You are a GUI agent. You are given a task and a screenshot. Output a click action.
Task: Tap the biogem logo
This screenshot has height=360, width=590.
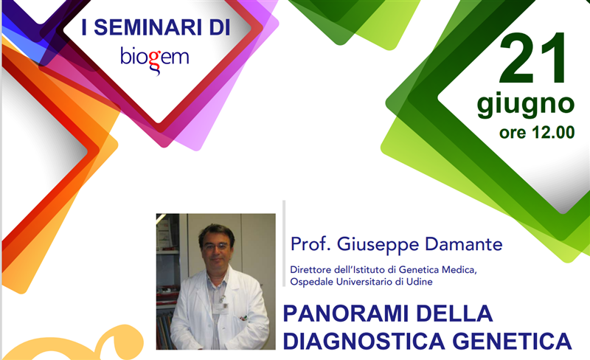coord(155,60)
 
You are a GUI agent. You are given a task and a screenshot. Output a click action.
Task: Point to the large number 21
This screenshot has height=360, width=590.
coord(532,58)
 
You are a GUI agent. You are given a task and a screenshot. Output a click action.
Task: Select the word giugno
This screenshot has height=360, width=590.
coord(525,105)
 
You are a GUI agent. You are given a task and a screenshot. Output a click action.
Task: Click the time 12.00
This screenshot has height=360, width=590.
coord(554,133)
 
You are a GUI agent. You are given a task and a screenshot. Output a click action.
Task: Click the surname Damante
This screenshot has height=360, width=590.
coord(464,244)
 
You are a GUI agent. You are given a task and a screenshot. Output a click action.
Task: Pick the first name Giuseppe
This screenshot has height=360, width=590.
coord(378,245)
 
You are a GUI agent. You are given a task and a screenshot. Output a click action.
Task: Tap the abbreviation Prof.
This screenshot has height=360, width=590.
coord(311,244)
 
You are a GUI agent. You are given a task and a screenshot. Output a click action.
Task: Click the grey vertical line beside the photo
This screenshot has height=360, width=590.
coord(284,243)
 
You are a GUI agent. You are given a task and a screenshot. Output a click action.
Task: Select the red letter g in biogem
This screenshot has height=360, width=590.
coord(155,61)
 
